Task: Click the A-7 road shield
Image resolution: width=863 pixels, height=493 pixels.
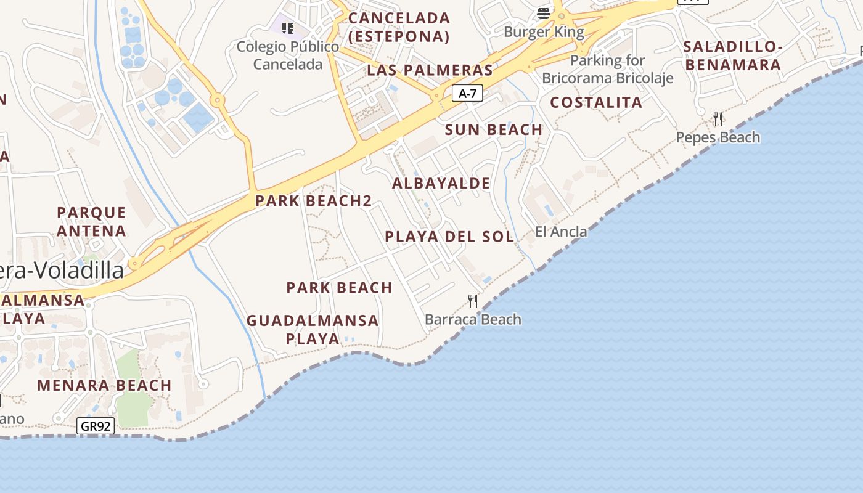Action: [467, 94]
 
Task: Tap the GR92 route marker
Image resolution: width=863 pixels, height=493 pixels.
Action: [96, 426]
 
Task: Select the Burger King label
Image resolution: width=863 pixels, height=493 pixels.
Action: [544, 31]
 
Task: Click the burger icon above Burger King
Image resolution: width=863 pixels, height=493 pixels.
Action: [544, 13]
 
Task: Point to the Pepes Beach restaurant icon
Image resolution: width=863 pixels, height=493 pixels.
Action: [718, 118]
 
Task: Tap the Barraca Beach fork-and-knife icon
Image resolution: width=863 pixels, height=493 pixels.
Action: [473, 301]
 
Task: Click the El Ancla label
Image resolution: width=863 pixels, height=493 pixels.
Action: [561, 232]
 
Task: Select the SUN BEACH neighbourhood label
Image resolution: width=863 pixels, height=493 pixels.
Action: [494, 130]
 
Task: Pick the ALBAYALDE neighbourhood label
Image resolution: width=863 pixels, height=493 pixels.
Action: [441, 184]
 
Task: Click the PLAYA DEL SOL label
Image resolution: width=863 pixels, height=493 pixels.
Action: [449, 237]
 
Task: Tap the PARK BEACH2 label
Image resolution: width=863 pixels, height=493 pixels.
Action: [314, 201]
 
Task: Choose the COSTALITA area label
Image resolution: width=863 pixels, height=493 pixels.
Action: [596, 103]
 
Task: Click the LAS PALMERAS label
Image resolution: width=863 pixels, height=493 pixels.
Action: [430, 70]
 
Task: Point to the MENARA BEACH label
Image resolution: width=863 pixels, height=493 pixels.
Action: [104, 386]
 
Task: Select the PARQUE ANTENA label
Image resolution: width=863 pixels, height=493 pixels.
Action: [91, 222]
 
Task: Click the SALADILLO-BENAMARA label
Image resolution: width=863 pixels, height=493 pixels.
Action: [733, 55]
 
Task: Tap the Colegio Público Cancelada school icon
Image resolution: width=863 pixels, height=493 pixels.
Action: [287, 28]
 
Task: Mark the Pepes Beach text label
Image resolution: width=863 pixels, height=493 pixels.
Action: [718, 137]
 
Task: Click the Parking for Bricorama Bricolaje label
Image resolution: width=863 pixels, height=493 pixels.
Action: [608, 70]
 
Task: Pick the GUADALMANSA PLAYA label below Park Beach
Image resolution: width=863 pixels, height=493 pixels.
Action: [313, 330]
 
